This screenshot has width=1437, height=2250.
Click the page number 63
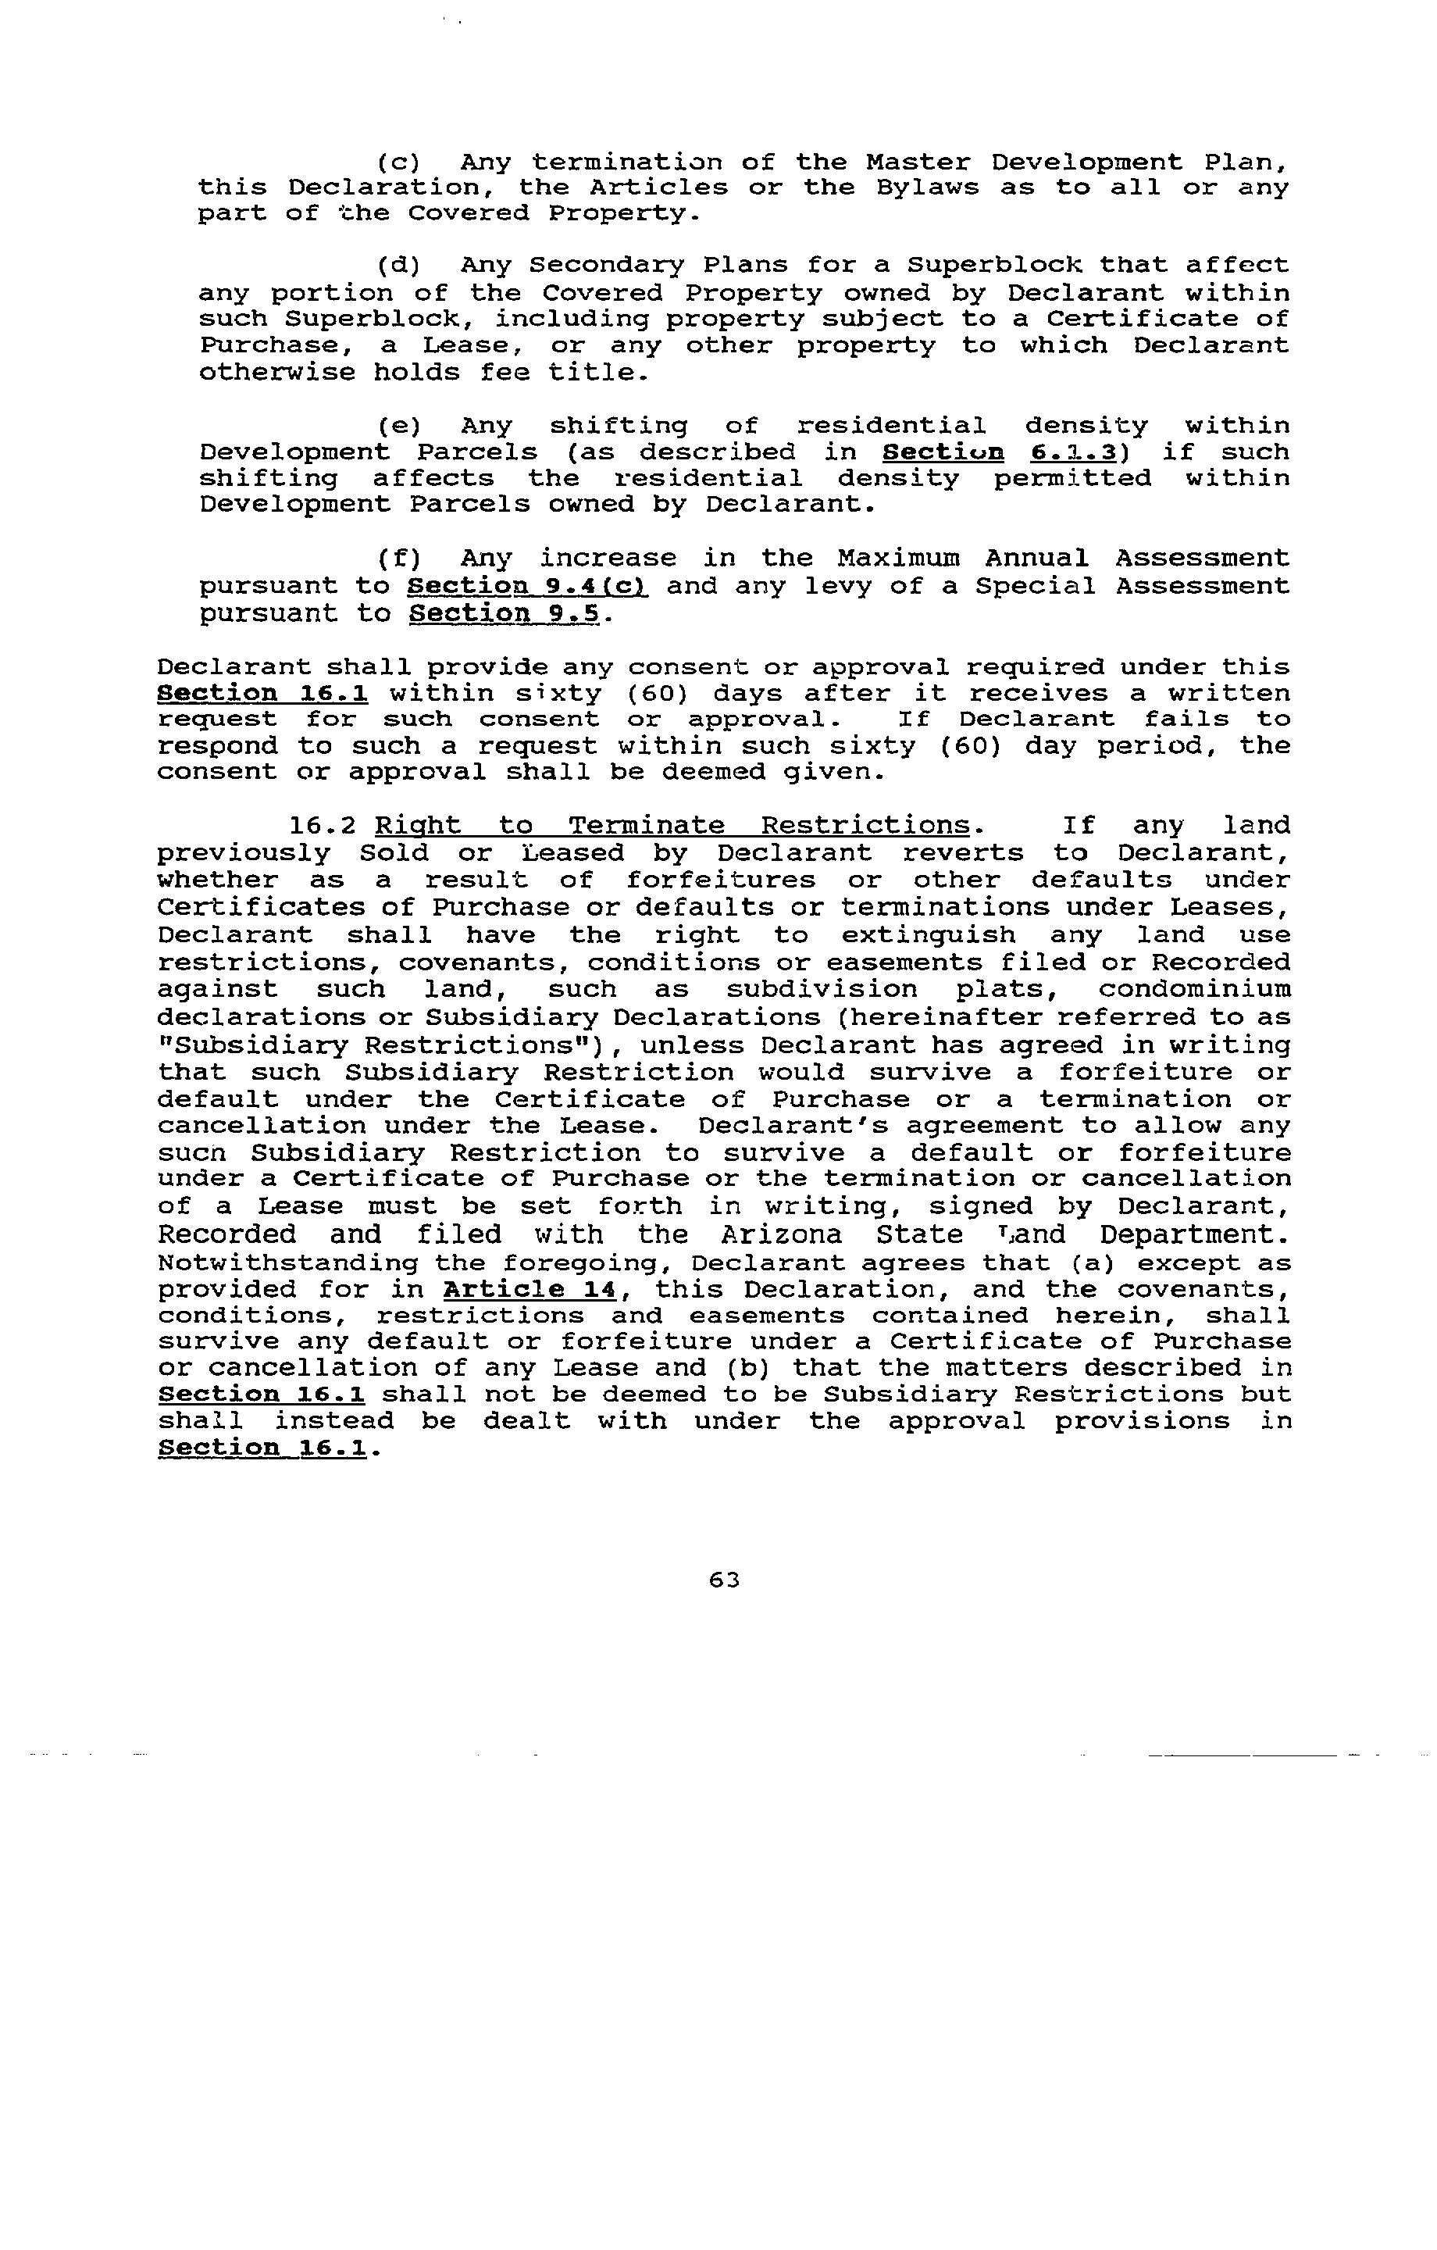pyautogui.click(x=724, y=1579)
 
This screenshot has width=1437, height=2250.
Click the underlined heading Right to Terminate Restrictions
pyautogui.click(x=672, y=826)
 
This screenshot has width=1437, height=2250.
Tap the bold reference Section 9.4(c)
pyautogui.click(x=529, y=587)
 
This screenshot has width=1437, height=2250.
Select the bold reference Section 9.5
pyautogui.click(x=508, y=614)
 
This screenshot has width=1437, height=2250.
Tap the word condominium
pyautogui.click(x=1194, y=990)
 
